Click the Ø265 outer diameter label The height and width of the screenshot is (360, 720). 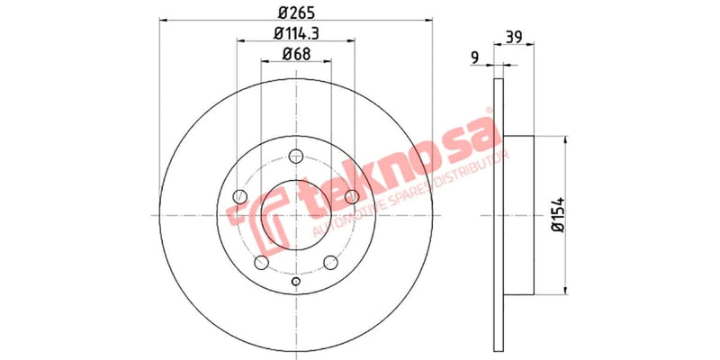point(292,13)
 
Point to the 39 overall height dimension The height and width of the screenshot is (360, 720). point(515,37)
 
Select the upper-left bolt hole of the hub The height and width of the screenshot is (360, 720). point(238,196)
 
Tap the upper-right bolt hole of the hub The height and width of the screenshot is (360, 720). point(350,196)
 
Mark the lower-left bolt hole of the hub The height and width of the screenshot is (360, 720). point(260,262)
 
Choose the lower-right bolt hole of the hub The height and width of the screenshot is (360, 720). point(329,262)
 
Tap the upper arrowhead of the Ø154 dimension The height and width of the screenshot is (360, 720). point(565,140)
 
